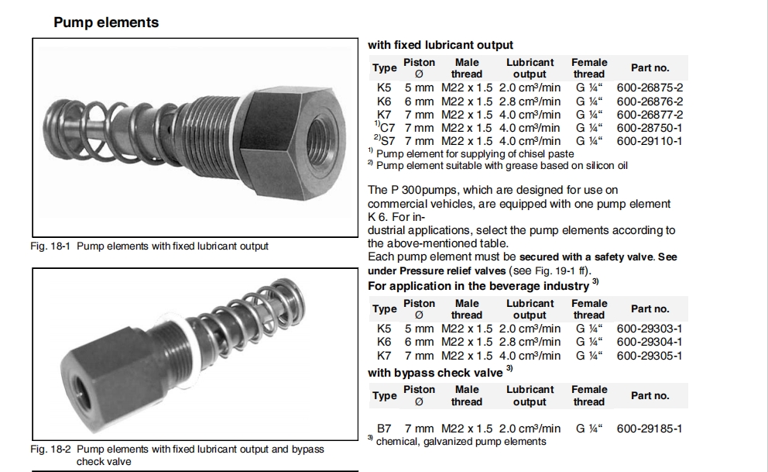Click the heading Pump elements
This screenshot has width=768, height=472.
106,22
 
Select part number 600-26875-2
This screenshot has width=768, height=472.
649,88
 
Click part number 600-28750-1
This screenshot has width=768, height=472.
649,128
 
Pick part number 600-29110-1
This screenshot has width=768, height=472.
649,141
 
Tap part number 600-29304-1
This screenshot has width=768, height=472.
649,343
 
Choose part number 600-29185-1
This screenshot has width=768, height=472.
649,428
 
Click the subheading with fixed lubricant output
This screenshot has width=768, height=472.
440,45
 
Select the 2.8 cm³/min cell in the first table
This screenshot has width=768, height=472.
530,102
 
